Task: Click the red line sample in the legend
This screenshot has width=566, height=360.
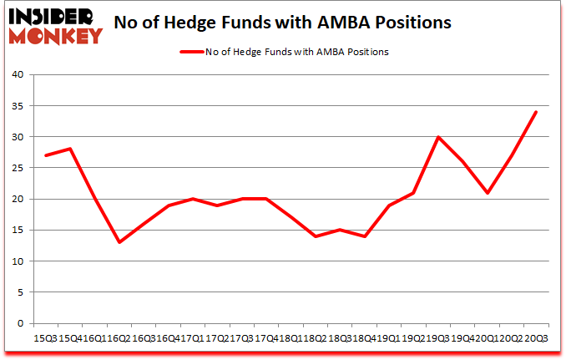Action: (191, 52)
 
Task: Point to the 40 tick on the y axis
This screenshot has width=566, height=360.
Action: (17, 75)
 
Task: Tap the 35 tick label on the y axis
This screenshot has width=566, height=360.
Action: (17, 106)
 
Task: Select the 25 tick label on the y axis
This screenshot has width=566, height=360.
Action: (17, 169)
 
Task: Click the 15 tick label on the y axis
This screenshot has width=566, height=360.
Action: (17, 231)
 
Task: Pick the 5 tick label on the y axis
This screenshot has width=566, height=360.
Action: (19, 293)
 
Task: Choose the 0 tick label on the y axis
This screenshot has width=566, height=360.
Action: (19, 324)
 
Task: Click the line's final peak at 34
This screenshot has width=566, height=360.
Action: (536, 112)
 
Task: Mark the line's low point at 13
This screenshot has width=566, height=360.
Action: (119, 242)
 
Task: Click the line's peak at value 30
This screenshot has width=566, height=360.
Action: (437, 137)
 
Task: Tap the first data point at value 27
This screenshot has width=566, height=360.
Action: (46, 155)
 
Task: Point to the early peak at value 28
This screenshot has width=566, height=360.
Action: (71, 150)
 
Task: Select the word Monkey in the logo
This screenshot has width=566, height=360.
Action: (56, 34)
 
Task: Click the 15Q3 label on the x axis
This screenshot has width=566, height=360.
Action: (46, 338)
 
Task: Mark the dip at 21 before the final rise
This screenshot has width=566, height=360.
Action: (487, 193)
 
